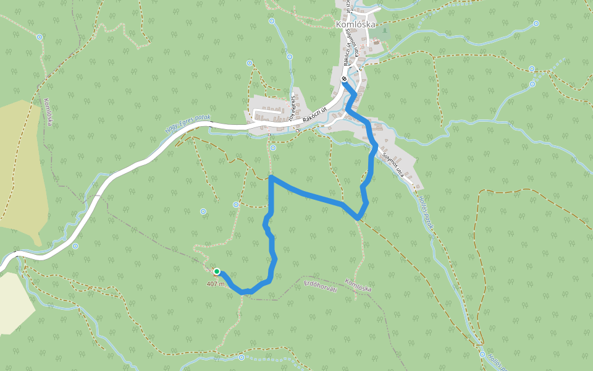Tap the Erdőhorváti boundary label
(321, 286)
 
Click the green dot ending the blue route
(217, 271)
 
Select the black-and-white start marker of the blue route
(344, 79)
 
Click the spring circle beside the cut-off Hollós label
(482, 354)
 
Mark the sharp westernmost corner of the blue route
(272, 177)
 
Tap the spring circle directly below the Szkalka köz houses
(272, 148)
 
